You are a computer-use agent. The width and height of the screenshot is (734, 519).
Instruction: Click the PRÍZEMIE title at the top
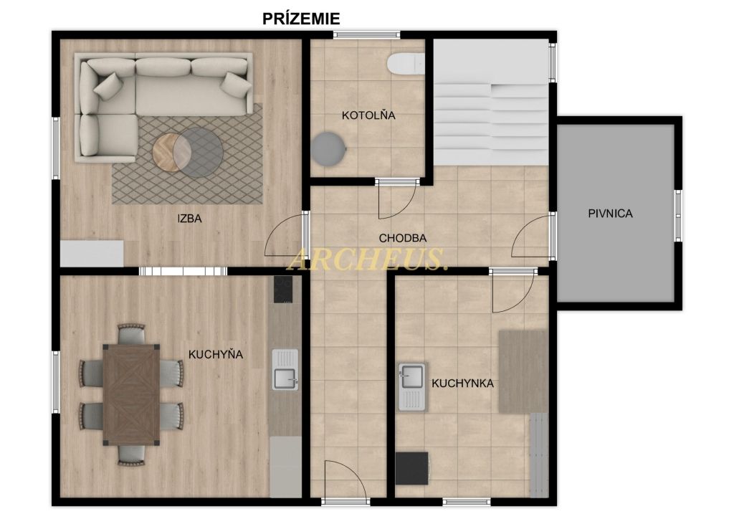coord(300,18)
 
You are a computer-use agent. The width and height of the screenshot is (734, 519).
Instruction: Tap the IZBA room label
coord(189,218)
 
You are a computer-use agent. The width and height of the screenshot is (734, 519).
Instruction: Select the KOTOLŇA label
coord(368,115)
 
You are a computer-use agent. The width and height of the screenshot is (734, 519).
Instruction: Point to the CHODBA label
coord(403,238)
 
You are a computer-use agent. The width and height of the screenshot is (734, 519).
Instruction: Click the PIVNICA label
coord(610,214)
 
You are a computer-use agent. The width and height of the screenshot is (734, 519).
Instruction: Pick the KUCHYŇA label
coord(215,354)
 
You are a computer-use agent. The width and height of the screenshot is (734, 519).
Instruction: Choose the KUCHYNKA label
coord(462,384)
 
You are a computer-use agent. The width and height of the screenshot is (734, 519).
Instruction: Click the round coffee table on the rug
coord(188,152)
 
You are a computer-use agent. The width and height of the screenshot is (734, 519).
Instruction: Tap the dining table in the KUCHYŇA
coord(132,394)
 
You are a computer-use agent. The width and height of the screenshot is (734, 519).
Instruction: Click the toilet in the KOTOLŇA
coord(406,64)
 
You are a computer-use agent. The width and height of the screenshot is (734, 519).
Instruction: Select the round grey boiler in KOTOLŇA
coord(328,149)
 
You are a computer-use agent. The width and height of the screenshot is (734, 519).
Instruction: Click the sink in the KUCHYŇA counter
coord(285,370)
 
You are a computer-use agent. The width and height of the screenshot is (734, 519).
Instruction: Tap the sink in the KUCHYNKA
coord(412,386)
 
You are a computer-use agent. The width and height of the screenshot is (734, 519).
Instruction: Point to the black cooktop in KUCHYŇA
coord(283,289)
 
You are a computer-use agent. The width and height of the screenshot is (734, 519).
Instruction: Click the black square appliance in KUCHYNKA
coord(412,468)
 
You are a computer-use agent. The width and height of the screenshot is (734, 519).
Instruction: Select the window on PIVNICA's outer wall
coord(677,216)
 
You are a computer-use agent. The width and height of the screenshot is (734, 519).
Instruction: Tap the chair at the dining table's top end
coord(132,333)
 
